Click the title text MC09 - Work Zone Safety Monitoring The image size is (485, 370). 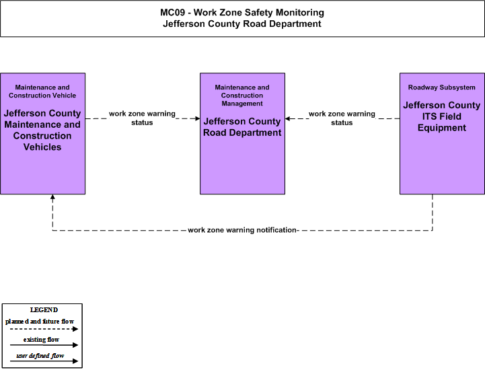click(242, 13)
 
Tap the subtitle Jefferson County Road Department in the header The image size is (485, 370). click(242, 24)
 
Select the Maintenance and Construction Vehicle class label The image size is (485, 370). click(42, 91)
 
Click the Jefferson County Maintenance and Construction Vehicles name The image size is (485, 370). click(42, 130)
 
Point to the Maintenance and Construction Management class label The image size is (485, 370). click(242, 96)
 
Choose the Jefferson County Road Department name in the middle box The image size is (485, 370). click(242, 127)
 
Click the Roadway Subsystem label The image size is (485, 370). click(442, 87)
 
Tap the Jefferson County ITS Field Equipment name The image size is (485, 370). click(442, 116)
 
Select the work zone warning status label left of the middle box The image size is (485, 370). click(142, 118)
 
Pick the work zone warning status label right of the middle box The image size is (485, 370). click(342, 118)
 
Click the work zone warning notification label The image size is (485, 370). click(242, 230)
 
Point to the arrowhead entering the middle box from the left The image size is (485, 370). click(198, 118)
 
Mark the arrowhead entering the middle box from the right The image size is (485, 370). click(287, 118)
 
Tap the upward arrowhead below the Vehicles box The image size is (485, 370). click(52, 196)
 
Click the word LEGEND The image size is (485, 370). click(44, 309)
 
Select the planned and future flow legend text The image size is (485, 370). click(40, 322)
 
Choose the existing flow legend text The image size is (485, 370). click(41, 339)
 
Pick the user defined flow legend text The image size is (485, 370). click(40, 356)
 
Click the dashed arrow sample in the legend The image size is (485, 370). click(44, 329)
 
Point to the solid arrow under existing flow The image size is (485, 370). click(44, 345)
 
